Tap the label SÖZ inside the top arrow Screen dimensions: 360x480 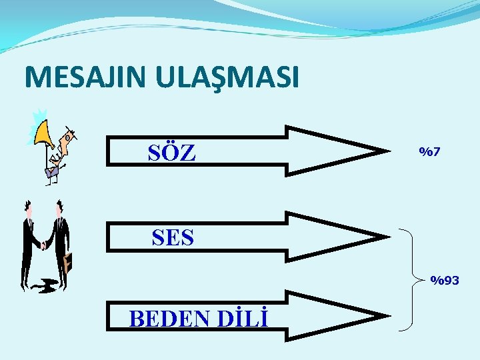(172, 153)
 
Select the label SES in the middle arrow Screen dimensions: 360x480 (173, 237)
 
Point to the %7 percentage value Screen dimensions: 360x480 (429, 153)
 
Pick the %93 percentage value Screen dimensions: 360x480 (445, 281)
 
